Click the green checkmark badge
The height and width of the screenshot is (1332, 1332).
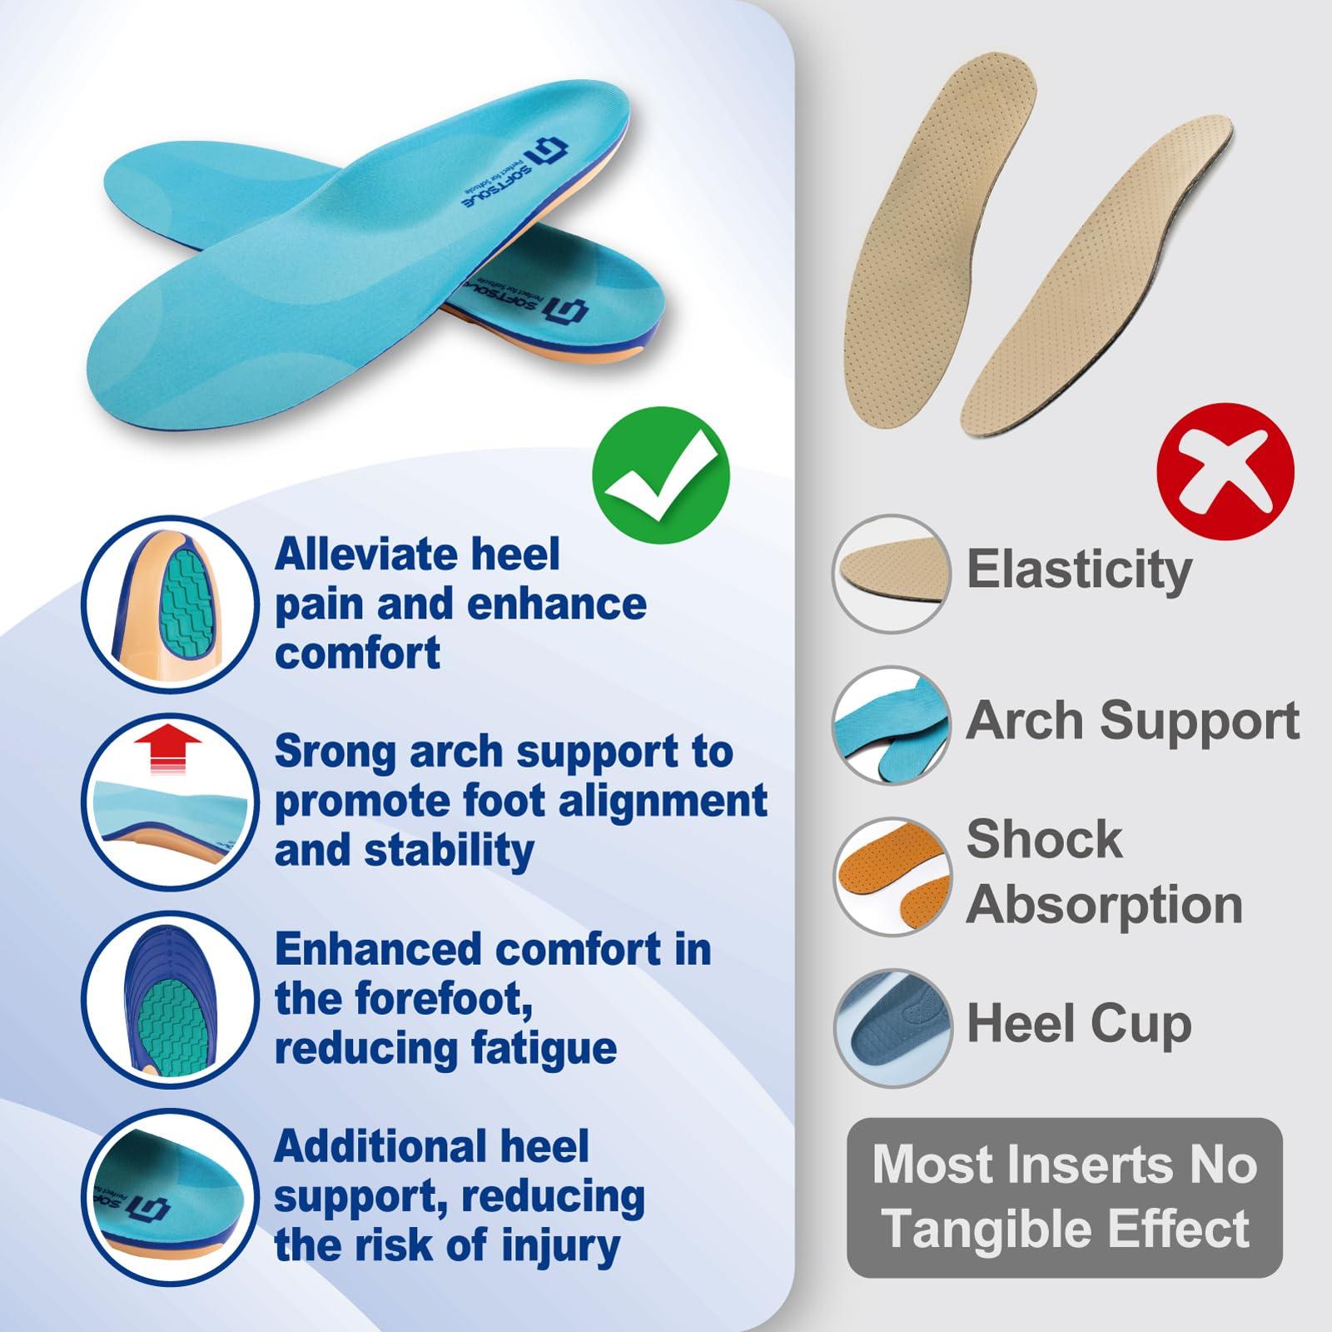pos(660,475)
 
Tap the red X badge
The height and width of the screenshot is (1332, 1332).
pos(1226,471)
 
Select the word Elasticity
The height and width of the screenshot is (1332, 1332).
pos(1079,570)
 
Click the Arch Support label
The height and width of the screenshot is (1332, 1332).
pos(1133,720)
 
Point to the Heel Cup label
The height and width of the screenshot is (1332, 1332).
pos(1079,1026)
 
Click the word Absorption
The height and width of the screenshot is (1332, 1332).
pos(1105,905)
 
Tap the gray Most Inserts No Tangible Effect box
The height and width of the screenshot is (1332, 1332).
pos(1065,1197)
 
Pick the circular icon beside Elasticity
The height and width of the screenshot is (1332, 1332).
pos(892,574)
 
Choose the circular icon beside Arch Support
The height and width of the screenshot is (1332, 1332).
pos(892,724)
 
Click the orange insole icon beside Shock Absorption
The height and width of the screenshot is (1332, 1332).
pos(892,876)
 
